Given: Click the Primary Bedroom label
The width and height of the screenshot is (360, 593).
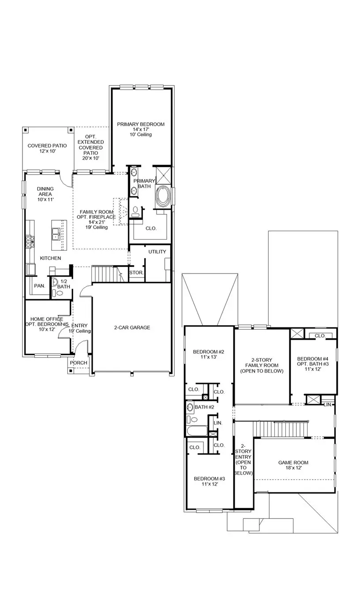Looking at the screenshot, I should pyautogui.click(x=141, y=124).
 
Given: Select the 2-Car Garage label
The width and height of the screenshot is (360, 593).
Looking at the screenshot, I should pyautogui.click(x=132, y=327).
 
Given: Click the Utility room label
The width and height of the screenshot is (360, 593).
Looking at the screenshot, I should pyautogui.click(x=157, y=252).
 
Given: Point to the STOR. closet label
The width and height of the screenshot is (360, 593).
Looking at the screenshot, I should pyautogui.click(x=136, y=273).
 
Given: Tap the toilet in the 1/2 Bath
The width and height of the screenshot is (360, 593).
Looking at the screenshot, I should pyautogui.click(x=55, y=293).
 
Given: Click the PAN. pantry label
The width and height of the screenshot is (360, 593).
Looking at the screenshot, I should pyautogui.click(x=40, y=286).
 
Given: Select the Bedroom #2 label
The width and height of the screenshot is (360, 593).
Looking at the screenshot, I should pyautogui.click(x=209, y=352).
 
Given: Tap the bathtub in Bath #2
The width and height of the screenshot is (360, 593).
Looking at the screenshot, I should pyautogui.click(x=196, y=431).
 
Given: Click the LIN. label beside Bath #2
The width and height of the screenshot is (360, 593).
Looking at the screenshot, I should pyautogui.click(x=218, y=423).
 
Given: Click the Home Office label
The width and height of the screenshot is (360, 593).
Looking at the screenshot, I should pyautogui.click(x=46, y=319).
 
